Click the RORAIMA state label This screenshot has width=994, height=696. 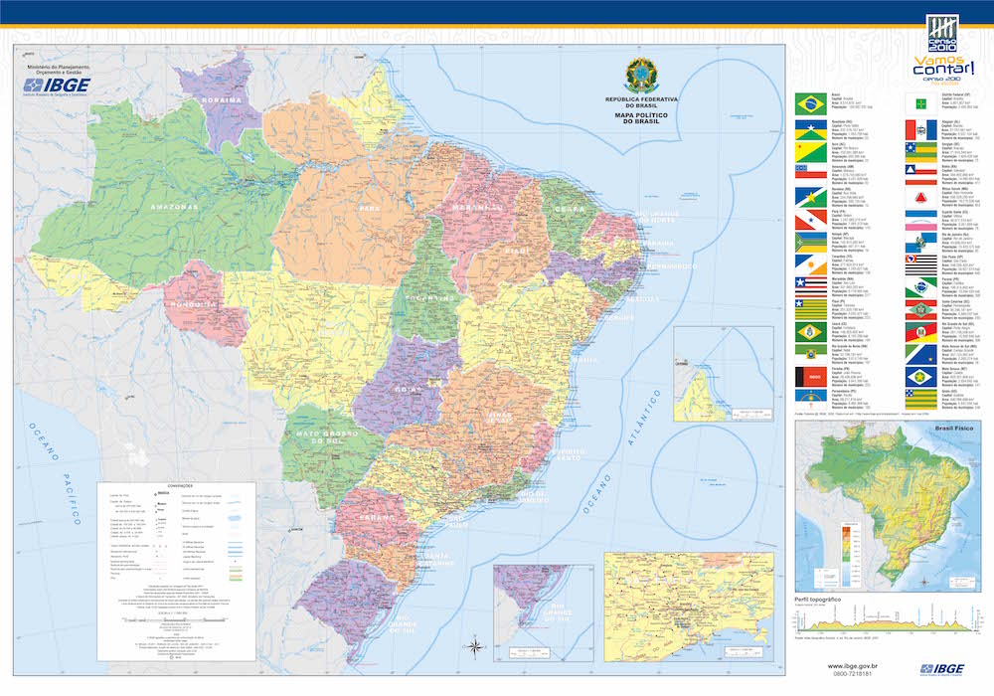coord(222,99)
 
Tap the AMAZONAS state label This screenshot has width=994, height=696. coord(175,206)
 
